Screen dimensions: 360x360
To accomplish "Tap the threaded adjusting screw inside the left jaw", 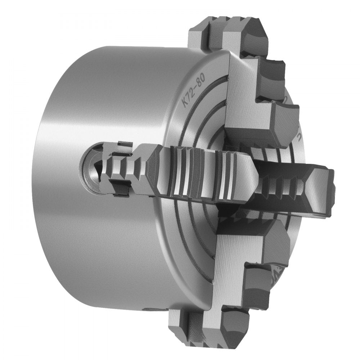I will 121,167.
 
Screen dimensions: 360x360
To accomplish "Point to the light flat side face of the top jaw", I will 245,108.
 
